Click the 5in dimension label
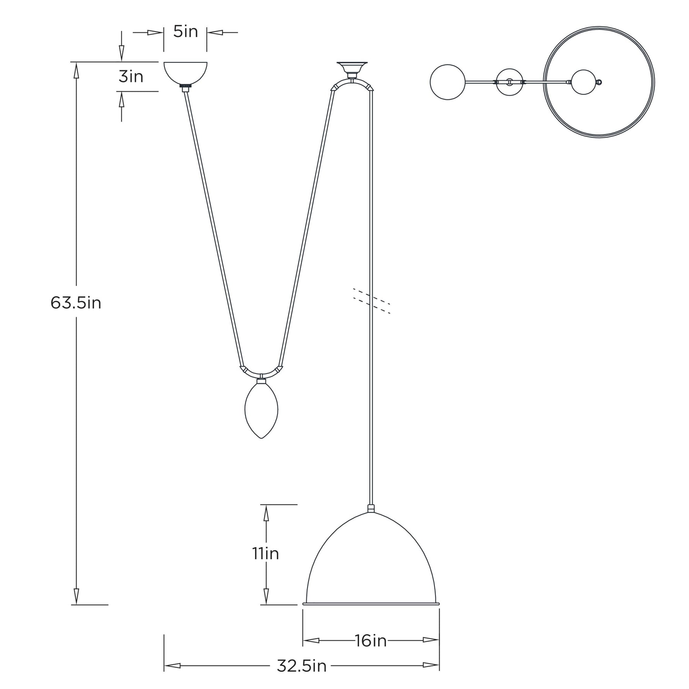186,32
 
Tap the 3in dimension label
131,77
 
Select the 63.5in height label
76,303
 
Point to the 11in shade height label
266,554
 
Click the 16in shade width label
371,640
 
